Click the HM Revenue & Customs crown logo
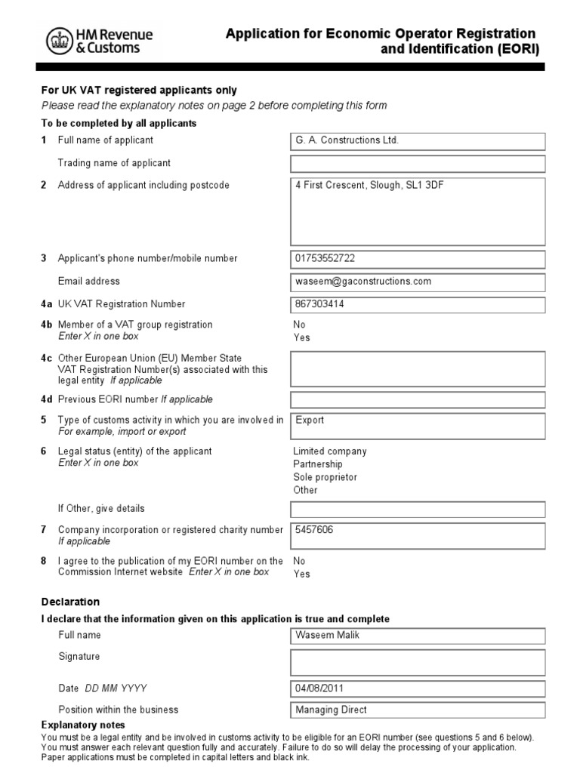pyautogui.click(x=58, y=40)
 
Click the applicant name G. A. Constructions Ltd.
pyautogui.click(x=347, y=140)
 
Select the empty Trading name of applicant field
pyautogui.click(x=417, y=164)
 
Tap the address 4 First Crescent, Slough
pyautogui.click(x=369, y=185)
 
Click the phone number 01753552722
pyautogui.click(x=325, y=258)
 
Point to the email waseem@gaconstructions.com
pyautogui.click(x=363, y=281)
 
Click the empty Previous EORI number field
pyautogui.click(x=417, y=399)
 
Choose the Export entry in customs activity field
pyautogui.click(x=310, y=420)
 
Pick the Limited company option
pyautogui.click(x=329, y=451)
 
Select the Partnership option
pyautogui.click(x=317, y=464)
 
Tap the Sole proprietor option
pyautogui.click(x=325, y=477)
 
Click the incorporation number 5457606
pyautogui.click(x=314, y=530)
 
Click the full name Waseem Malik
pyautogui.click(x=328, y=635)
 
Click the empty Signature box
pyautogui.click(x=417, y=662)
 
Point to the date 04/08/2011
pyautogui.click(x=322, y=688)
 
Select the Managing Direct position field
pyautogui.click(x=331, y=710)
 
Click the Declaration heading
pyautogui.click(x=69, y=602)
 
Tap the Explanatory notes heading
pyautogui.click(x=77, y=725)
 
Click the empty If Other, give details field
pyautogui.click(x=417, y=510)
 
